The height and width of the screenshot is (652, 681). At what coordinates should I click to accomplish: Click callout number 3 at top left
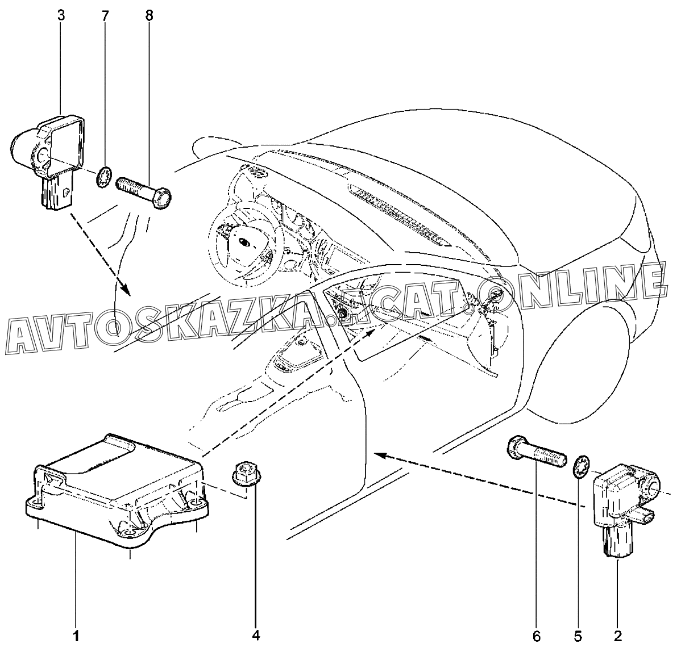[61, 16]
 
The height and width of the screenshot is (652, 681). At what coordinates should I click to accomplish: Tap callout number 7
[105, 16]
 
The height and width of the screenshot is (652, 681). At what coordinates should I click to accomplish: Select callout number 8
[149, 16]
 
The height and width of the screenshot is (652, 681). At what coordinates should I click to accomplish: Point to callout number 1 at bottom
[76, 635]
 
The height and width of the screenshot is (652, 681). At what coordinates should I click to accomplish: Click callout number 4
[256, 635]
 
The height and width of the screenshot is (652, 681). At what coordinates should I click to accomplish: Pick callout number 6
[537, 635]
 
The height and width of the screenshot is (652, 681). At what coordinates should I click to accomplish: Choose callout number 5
[579, 635]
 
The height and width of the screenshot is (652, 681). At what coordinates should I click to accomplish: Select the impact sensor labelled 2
[622, 500]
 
